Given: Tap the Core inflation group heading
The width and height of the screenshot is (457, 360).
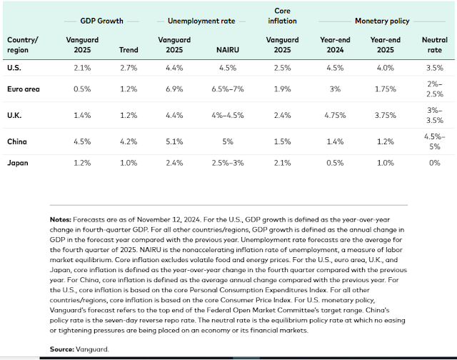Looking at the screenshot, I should click(x=282, y=16).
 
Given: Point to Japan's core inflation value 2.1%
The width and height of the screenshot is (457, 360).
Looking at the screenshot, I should click(x=282, y=162).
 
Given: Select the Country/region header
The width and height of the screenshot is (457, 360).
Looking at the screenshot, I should click(x=23, y=45).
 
